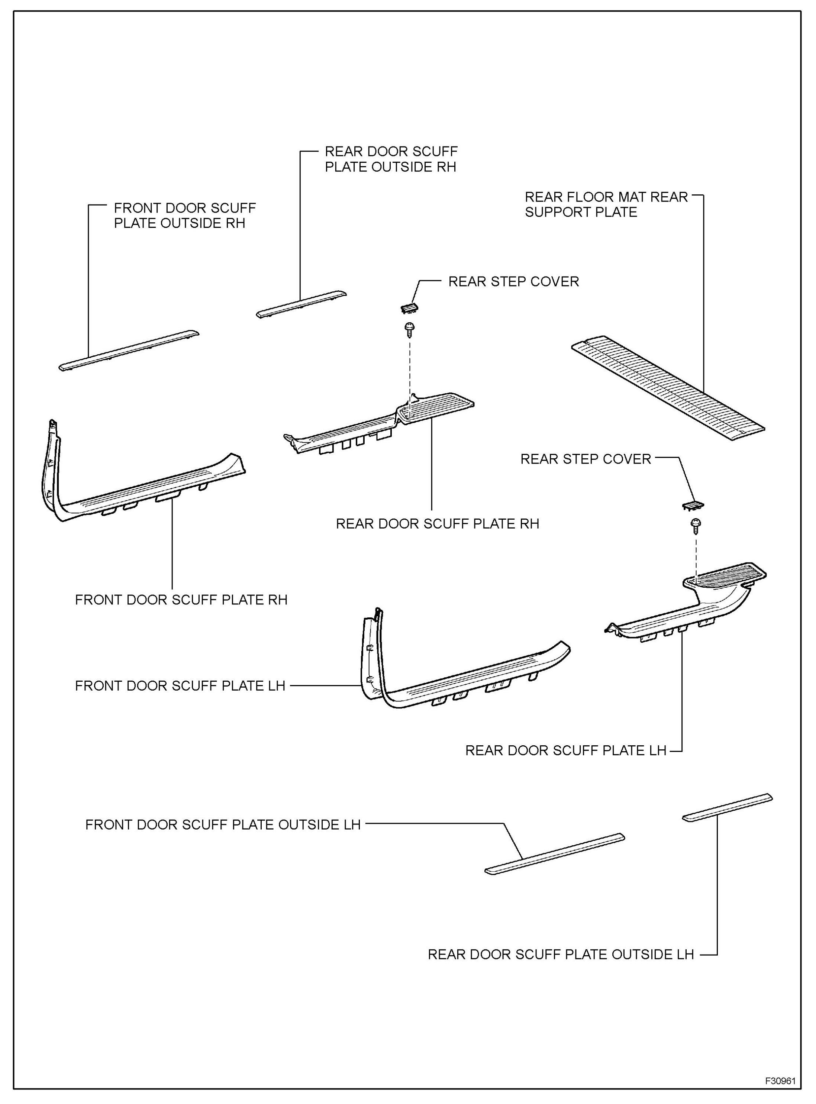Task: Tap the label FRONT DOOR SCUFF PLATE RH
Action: [x=181, y=600]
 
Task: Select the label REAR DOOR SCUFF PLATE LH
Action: [x=565, y=751]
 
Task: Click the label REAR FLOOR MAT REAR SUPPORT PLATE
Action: [x=606, y=204]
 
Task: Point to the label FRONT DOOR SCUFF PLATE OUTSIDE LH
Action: [x=223, y=825]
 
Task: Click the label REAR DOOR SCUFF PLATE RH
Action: [x=437, y=524]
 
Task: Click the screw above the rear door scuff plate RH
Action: [x=409, y=329]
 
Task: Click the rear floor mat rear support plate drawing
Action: [x=667, y=388]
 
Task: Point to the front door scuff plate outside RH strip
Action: [x=128, y=350]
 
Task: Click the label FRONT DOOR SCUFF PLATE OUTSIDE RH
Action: [x=184, y=215]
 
